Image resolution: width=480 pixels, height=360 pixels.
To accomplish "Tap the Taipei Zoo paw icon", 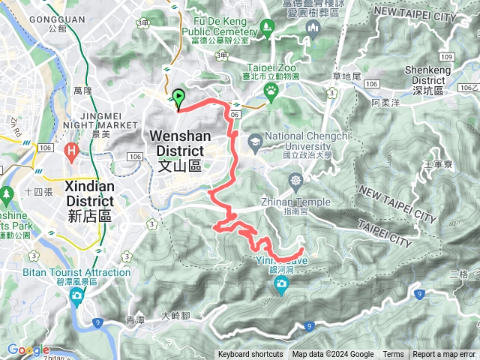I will coord(270,91).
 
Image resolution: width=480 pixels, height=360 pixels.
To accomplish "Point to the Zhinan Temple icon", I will coord(297,181).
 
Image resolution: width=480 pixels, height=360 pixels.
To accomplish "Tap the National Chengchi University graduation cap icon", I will coord(256,140).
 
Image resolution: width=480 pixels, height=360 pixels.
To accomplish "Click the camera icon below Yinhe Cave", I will coord(281,283).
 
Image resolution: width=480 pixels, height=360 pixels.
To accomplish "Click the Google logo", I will coord(28,349).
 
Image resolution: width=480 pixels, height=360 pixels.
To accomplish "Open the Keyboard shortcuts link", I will coord(250,355).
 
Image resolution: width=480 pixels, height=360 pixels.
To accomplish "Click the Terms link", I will coord(393,355).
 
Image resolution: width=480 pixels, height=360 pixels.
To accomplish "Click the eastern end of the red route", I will coord(302,250).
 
